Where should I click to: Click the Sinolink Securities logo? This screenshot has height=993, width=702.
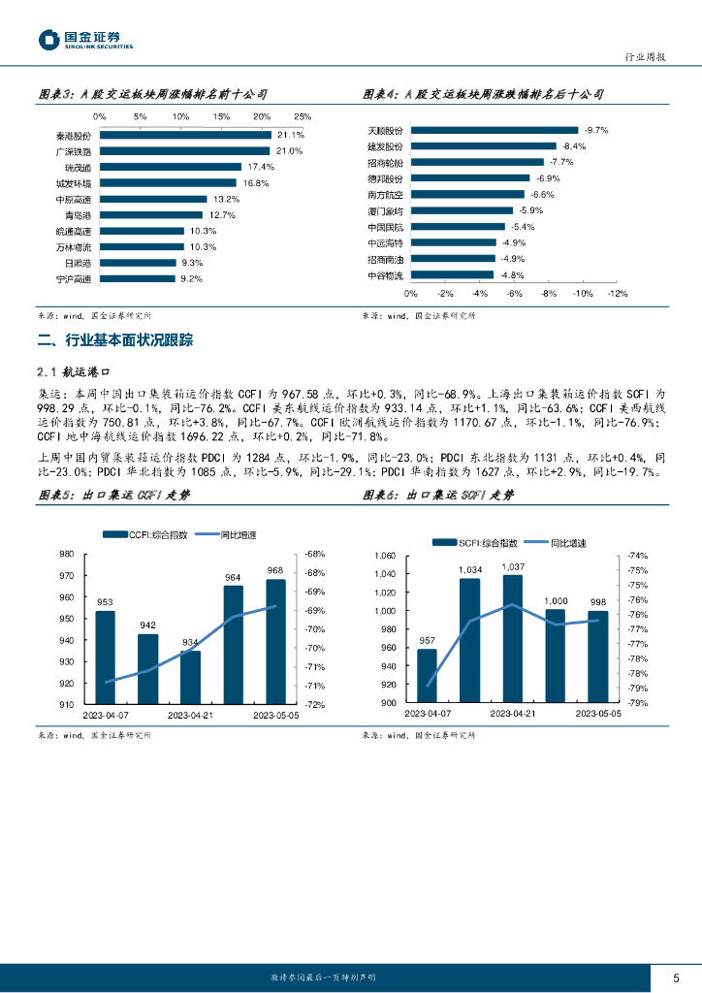point(85,40)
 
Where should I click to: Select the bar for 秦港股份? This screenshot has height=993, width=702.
point(185,136)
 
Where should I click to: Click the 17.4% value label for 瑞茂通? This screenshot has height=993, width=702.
point(253,167)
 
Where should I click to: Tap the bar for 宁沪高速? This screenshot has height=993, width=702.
point(138,278)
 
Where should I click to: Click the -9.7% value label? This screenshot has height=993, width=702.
point(596,130)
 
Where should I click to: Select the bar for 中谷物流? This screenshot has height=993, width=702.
point(452,274)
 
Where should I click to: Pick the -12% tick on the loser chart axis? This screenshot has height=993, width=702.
point(617,292)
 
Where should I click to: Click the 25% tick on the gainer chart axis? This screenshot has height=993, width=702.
point(302,116)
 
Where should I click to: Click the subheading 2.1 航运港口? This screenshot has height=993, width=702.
point(81,371)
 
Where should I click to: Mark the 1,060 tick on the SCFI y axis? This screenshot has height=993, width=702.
point(385,556)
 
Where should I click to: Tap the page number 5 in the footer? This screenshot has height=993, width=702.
point(675,977)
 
